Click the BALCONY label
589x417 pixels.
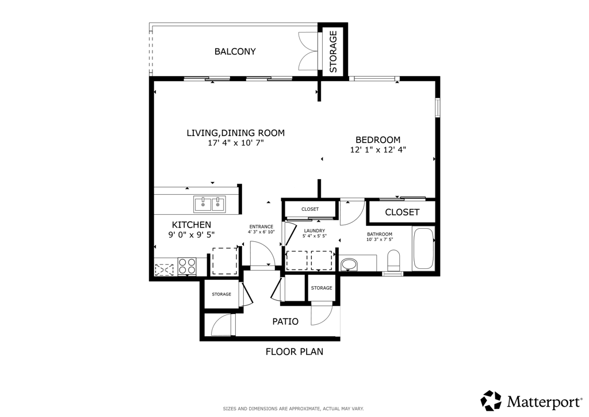pyautogui.click(x=235, y=51)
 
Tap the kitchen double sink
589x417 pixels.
pyautogui.click(x=209, y=204)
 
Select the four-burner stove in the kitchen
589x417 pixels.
pyautogui.click(x=187, y=266)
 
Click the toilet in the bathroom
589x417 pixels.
pyautogui.click(x=393, y=260)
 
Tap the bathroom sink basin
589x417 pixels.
pyautogui.click(x=350, y=264)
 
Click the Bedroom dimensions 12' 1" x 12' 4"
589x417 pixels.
pyautogui.click(x=378, y=150)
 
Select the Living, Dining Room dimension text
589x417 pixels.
pyautogui.click(x=236, y=143)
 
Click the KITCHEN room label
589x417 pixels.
pyautogui.click(x=191, y=225)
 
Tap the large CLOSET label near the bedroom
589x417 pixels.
pyautogui.click(x=402, y=213)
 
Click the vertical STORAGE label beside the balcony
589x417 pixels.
pyautogui.click(x=333, y=51)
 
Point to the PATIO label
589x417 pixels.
pyautogui.click(x=285, y=321)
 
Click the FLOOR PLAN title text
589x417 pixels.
pyautogui.click(x=294, y=351)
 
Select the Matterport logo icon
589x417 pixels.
pyautogui.click(x=491, y=400)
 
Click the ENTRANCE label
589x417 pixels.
pyautogui.click(x=261, y=227)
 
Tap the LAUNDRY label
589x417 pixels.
pyautogui.click(x=315, y=231)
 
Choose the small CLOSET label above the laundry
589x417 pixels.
pyautogui.click(x=310, y=209)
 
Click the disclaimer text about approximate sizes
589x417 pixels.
pyautogui.click(x=293, y=409)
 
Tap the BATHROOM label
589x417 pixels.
pyautogui.click(x=380, y=234)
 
